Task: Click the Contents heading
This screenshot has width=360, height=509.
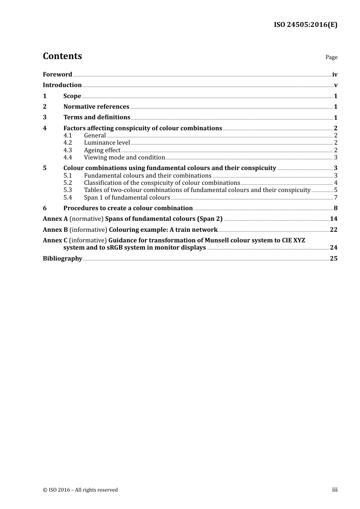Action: click(62, 56)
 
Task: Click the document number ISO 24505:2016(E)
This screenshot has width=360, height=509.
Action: click(305, 25)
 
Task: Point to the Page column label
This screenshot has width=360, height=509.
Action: click(331, 57)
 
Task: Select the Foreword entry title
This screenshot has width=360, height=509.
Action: click(57, 75)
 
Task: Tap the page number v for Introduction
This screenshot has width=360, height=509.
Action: click(335, 85)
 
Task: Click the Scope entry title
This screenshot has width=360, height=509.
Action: click(72, 96)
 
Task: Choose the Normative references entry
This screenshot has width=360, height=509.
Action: click(96, 107)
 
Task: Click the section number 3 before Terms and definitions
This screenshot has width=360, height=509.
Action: click(45, 117)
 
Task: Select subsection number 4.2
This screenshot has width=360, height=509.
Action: click(67, 143)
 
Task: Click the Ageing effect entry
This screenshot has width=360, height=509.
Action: click(102, 150)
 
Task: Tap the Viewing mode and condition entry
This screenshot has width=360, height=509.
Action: click(124, 158)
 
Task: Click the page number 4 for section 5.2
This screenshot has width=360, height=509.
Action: click(336, 183)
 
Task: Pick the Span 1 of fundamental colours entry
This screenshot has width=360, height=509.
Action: click(127, 198)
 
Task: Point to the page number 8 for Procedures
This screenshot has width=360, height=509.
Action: click(335, 208)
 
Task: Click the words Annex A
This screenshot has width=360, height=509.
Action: click(55, 219)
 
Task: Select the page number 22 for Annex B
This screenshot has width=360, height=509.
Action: click(333, 230)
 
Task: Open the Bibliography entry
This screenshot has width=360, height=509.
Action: click(63, 259)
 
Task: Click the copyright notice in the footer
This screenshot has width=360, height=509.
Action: click(80, 490)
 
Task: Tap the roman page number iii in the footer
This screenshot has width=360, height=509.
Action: click(335, 490)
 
